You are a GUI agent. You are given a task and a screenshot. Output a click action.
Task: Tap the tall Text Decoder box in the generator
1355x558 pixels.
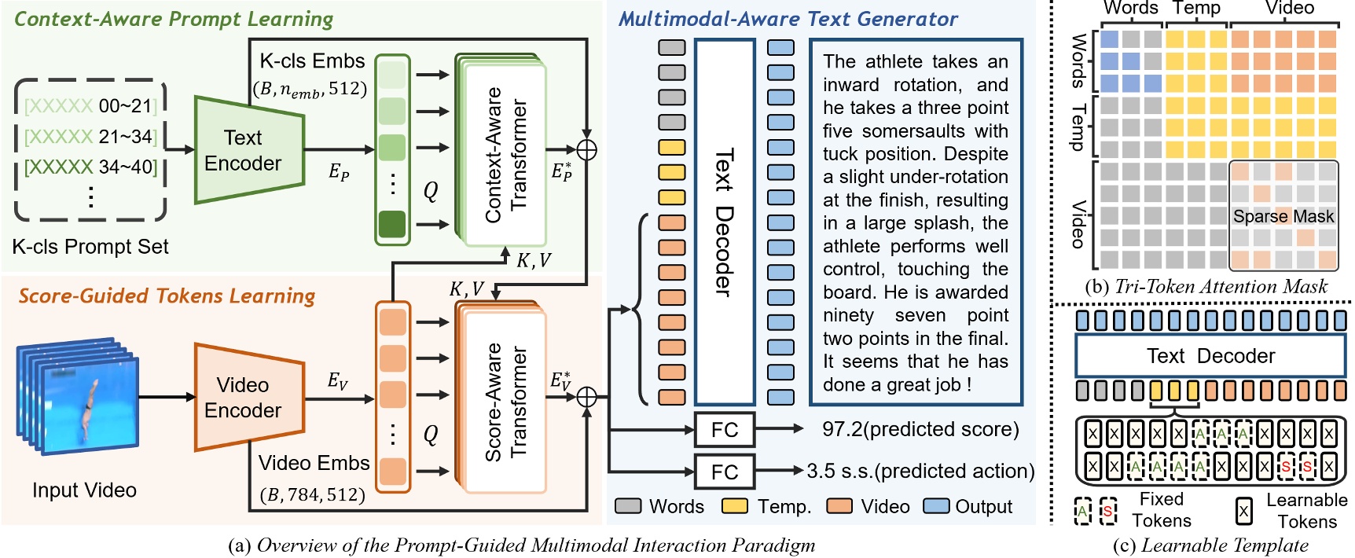coord(724,222)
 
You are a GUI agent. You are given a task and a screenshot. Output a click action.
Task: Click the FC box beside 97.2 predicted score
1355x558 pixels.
coord(724,430)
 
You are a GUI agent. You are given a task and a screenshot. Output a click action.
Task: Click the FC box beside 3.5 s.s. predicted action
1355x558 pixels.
coord(724,472)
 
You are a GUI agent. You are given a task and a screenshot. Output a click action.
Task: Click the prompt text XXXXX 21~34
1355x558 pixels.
coord(90,137)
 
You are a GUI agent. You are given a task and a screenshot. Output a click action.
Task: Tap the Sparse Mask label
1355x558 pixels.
coord(1283,217)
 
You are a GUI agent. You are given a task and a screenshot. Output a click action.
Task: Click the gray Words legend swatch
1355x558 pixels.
coord(628,506)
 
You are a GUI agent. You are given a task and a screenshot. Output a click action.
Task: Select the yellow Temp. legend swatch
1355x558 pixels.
coord(736,506)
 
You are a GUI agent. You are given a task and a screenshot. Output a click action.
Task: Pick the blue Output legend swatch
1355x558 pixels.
coord(936,506)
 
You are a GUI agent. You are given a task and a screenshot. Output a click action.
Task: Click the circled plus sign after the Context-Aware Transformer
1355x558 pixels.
coord(586,149)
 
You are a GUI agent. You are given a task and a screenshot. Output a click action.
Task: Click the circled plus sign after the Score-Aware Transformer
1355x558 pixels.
coord(586,398)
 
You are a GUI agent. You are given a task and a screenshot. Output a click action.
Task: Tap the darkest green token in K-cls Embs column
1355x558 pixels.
coord(392,224)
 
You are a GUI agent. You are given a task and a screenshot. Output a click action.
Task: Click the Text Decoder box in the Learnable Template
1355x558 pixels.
coord(1210,356)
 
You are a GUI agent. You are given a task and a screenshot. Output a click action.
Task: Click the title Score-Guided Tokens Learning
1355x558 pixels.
coord(167,296)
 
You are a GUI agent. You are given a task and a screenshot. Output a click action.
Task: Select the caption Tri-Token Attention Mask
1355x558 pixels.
coord(1220,287)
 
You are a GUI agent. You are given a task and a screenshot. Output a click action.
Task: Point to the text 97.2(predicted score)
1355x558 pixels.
coord(920,430)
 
